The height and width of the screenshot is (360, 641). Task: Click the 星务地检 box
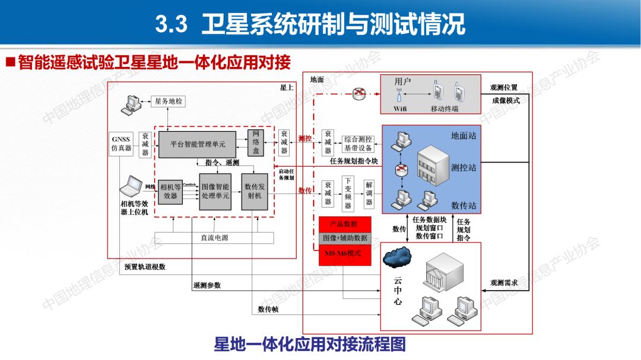tap(169, 101)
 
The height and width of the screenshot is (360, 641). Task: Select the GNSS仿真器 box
tap(120, 144)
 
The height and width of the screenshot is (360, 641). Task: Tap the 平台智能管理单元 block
tap(198, 144)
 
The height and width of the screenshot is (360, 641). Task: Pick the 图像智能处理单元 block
tap(215, 191)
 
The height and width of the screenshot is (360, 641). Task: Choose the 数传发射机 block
tap(255, 191)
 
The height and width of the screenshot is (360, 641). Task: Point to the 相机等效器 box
tap(170, 192)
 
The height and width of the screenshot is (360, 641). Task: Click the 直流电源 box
tap(214, 238)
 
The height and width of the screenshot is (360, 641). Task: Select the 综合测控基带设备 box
tap(358, 144)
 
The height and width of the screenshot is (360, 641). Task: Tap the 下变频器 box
tap(348, 193)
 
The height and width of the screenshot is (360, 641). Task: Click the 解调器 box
tap(369, 193)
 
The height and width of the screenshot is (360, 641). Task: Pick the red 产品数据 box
tap(345, 224)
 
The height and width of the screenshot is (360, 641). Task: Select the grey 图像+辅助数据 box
tap(345, 238)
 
